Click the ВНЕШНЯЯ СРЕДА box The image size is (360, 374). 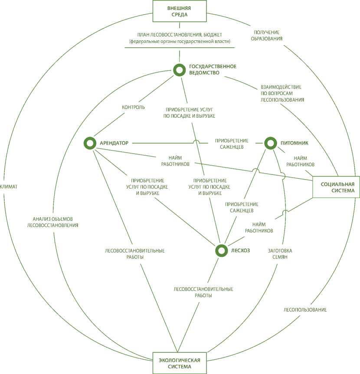(x=179, y=11)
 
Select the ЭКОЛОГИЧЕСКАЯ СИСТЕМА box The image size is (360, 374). (x=179, y=364)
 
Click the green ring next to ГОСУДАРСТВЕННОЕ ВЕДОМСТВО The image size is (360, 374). (x=179, y=69)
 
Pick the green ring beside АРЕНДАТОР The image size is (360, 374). (x=90, y=143)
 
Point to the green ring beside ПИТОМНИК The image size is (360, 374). (x=270, y=143)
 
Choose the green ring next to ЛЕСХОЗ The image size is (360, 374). (x=221, y=250)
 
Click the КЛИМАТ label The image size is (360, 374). (x=9, y=187)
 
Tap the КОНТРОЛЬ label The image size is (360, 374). (x=134, y=107)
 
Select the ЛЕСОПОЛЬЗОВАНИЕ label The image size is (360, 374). (x=305, y=310)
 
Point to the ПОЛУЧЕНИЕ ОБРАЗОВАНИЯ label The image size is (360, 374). (x=267, y=35)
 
